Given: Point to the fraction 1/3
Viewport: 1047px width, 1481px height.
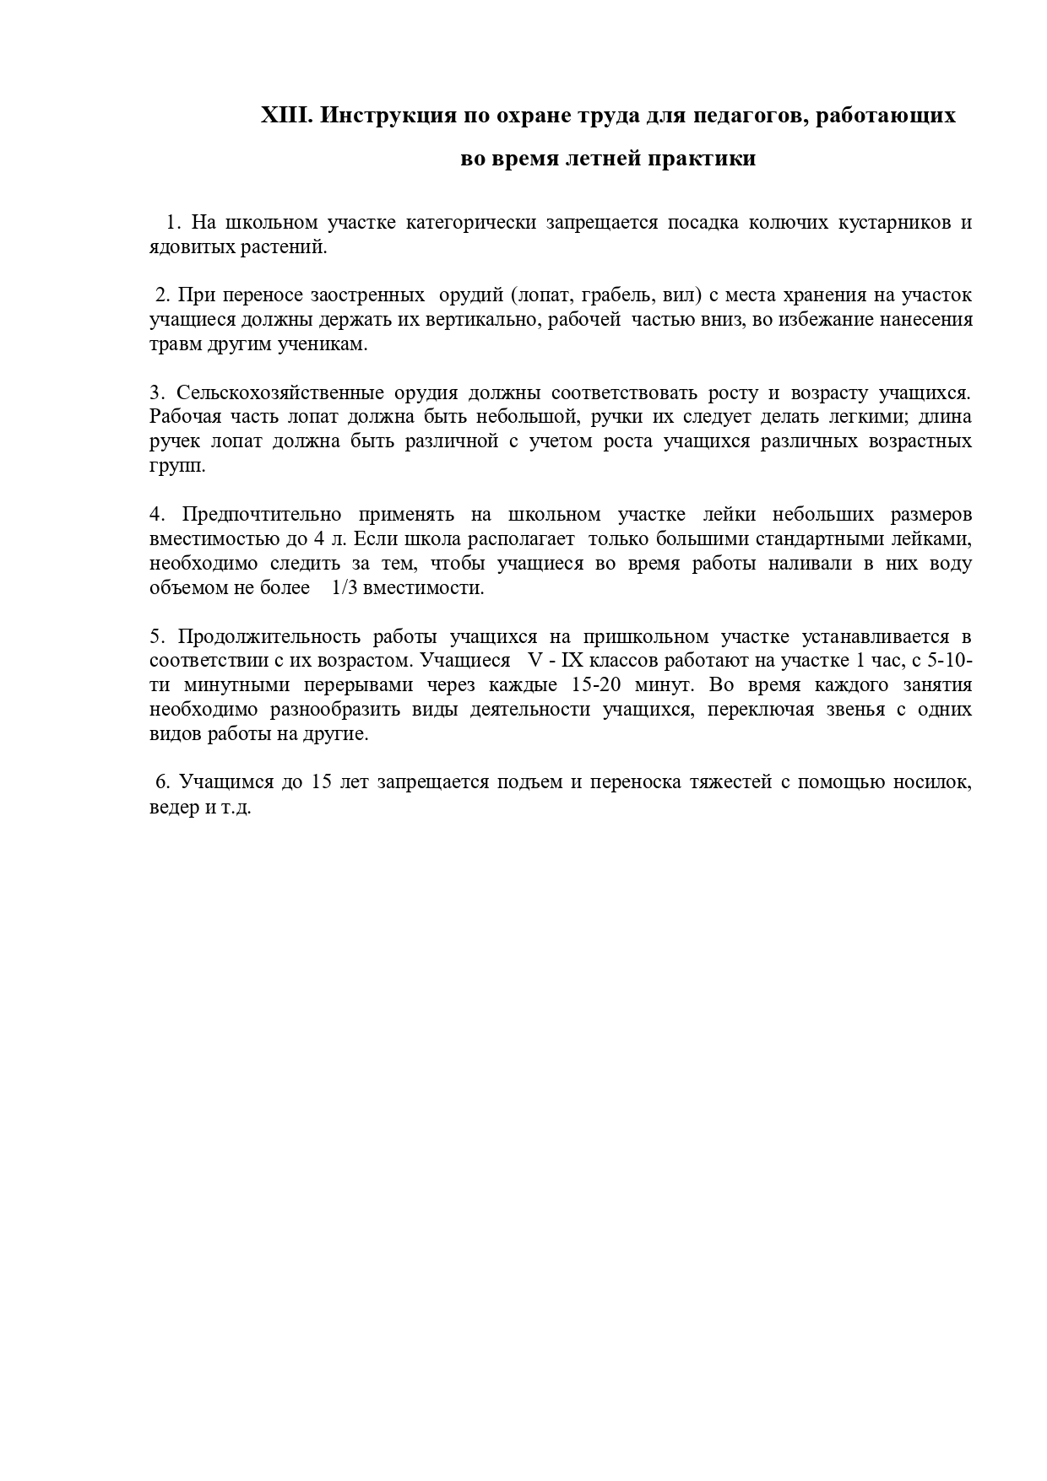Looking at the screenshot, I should (345, 588).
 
